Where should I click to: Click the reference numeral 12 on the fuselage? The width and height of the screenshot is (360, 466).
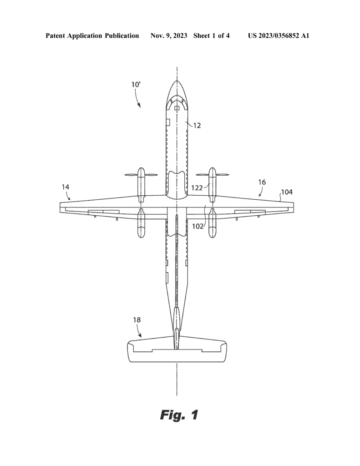[197, 126]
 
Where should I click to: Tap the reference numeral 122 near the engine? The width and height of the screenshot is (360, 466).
[197, 188]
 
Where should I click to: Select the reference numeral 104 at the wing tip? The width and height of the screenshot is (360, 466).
[287, 192]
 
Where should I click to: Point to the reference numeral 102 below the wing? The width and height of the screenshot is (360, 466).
[198, 226]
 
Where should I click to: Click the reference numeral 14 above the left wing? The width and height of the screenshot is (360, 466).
[66, 187]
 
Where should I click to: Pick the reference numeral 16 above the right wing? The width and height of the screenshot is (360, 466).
[262, 182]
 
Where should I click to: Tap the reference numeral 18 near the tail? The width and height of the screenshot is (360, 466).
[137, 320]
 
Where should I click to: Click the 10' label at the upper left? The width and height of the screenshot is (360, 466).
[136, 84]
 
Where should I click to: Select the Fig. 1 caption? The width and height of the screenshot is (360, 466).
[179, 415]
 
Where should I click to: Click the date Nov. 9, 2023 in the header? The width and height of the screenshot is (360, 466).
[169, 35]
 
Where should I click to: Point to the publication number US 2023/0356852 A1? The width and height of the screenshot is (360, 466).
[279, 35]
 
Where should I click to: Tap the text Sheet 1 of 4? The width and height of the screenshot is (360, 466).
[211, 35]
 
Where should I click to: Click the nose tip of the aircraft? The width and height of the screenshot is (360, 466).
[177, 81]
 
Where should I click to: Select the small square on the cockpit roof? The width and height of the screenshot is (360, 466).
[177, 108]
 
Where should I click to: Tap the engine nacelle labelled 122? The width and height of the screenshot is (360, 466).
[212, 185]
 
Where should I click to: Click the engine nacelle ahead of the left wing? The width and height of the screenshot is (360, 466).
[141, 185]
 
